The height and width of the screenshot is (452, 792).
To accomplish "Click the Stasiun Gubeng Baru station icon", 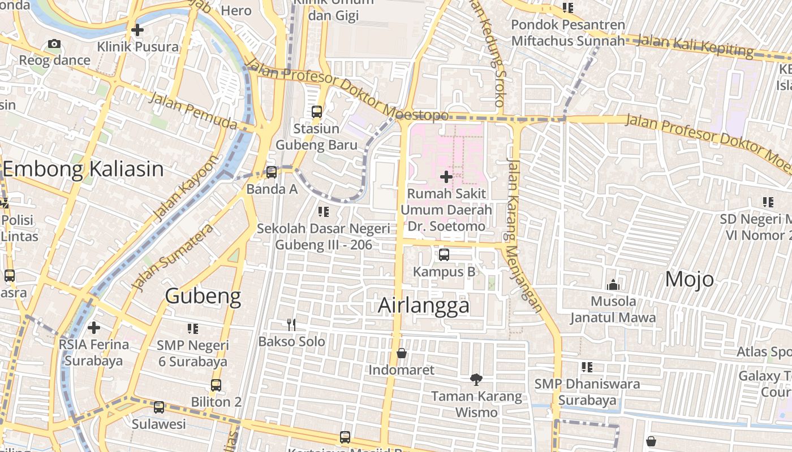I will point(317,111).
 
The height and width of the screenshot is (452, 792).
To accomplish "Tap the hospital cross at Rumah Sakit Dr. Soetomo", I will point(446,177).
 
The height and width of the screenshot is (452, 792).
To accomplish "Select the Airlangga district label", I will point(424,305).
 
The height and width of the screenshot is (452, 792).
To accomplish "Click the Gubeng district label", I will point(203,295).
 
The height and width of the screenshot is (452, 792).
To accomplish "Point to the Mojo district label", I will point(689,279).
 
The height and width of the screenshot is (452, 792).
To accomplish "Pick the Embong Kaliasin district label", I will point(83,169).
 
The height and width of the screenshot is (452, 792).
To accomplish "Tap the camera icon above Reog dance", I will point(54,44).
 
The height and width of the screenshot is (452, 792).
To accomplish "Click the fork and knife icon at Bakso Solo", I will point(291,324).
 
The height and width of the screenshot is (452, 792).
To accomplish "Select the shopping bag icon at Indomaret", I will point(402,353).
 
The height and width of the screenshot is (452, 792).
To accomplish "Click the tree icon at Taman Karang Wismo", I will point(476,379).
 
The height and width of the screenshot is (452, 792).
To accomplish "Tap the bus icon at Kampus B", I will point(444,255).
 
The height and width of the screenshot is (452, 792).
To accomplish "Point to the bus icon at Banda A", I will point(272,172).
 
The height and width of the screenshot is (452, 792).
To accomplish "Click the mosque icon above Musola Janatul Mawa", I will point(613,285).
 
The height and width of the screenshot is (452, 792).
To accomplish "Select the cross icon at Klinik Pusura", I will point(137,30).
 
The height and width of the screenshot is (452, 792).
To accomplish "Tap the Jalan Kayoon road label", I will point(185,188).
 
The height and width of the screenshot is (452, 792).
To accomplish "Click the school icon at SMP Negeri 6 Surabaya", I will point(192,328).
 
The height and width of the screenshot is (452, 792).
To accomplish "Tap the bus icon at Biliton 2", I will point(216,385).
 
